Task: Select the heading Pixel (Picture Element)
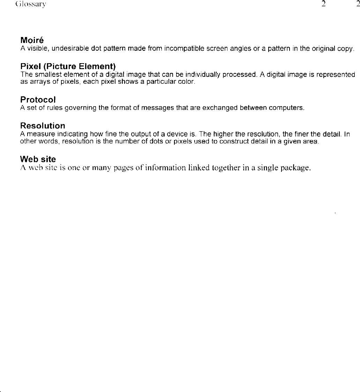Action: [x=68, y=66]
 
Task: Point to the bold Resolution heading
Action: [x=43, y=126]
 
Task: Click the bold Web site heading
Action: [x=38, y=159]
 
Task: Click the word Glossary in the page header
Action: [x=31, y=4]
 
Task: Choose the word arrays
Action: [x=35, y=81]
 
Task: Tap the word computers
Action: [x=287, y=108]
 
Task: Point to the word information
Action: [x=168, y=168]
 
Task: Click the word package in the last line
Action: [x=296, y=168]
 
